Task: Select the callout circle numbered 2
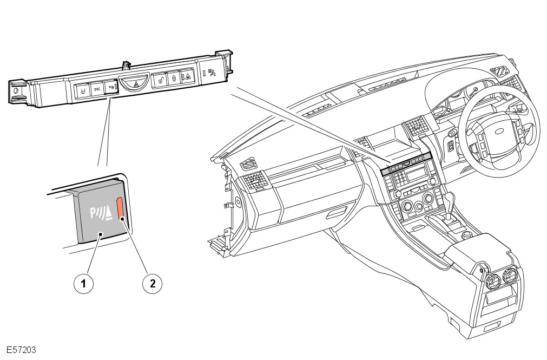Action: (x=153, y=283)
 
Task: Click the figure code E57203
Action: (x=22, y=350)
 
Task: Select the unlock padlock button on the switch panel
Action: (x=160, y=80)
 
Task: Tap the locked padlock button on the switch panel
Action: (x=174, y=78)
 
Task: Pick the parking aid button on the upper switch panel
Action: (x=111, y=86)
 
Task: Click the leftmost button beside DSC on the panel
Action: (x=82, y=90)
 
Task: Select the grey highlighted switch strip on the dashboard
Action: (x=406, y=163)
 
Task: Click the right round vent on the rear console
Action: (x=510, y=278)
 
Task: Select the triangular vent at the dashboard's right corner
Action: (x=499, y=71)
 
